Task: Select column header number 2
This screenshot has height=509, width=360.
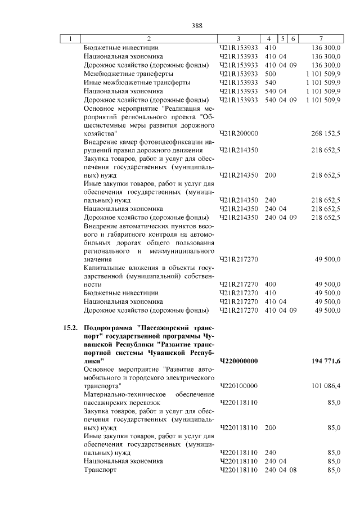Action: [x=149, y=39]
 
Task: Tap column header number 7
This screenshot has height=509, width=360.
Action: [x=320, y=39]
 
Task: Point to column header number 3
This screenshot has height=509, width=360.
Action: [x=238, y=39]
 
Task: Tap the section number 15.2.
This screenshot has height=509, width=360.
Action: [x=69, y=327]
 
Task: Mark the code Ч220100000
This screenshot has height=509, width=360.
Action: [x=238, y=386]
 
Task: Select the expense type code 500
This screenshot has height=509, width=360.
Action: [x=270, y=74]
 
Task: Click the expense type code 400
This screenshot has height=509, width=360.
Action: [x=270, y=285]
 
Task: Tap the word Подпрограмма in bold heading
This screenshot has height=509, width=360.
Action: [x=108, y=327]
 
